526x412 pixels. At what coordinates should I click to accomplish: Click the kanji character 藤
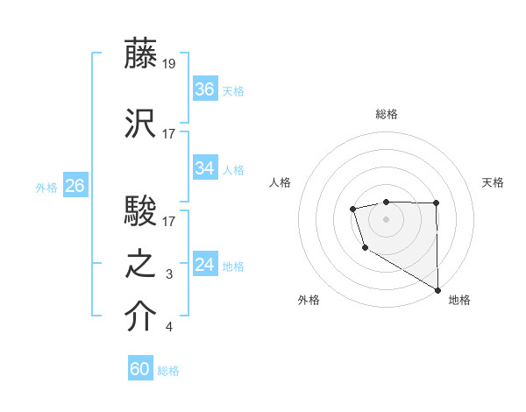tap(140, 55)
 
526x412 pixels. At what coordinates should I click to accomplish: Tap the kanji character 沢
tap(140, 123)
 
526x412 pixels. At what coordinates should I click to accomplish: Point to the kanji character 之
tap(140, 265)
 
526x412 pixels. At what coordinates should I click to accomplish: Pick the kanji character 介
tap(140, 317)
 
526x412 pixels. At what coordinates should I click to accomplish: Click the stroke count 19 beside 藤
tap(169, 64)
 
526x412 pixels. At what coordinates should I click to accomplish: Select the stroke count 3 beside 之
tap(169, 275)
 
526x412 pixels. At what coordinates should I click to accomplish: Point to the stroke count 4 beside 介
tap(169, 328)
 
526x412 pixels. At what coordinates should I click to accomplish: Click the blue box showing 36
tap(205, 89)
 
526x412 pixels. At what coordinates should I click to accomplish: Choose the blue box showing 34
tap(205, 168)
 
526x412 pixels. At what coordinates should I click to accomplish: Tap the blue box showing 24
tap(205, 265)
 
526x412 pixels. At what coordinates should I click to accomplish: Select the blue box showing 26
tap(75, 186)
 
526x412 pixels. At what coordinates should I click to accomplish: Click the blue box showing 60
tap(140, 369)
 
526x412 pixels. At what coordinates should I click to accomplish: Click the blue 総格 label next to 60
tap(168, 371)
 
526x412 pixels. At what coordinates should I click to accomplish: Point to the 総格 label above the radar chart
tap(386, 114)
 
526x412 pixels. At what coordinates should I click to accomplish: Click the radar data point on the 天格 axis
tap(437, 203)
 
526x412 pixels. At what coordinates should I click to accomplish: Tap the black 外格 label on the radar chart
tap(309, 300)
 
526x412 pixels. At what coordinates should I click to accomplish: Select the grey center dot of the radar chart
tap(386, 218)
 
